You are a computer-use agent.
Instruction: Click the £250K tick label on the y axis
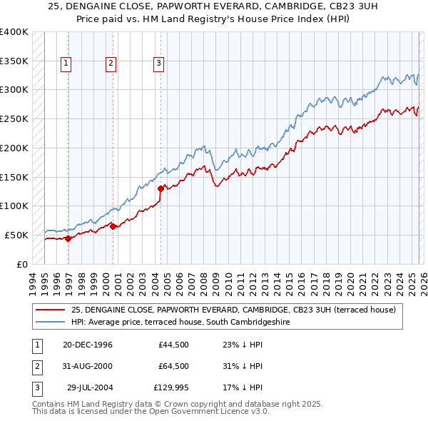(14, 119)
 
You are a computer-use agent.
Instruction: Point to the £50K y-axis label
(16, 235)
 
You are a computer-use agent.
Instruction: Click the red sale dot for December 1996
(68, 238)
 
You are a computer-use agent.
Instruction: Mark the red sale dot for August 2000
(113, 226)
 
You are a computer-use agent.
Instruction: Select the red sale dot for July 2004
(160, 188)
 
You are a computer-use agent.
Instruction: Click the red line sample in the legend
(50, 310)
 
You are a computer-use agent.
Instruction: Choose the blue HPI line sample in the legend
(50, 323)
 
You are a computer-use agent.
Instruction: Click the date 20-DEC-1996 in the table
(88, 344)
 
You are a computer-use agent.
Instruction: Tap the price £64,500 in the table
(174, 366)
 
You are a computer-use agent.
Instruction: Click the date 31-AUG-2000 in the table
(88, 366)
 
